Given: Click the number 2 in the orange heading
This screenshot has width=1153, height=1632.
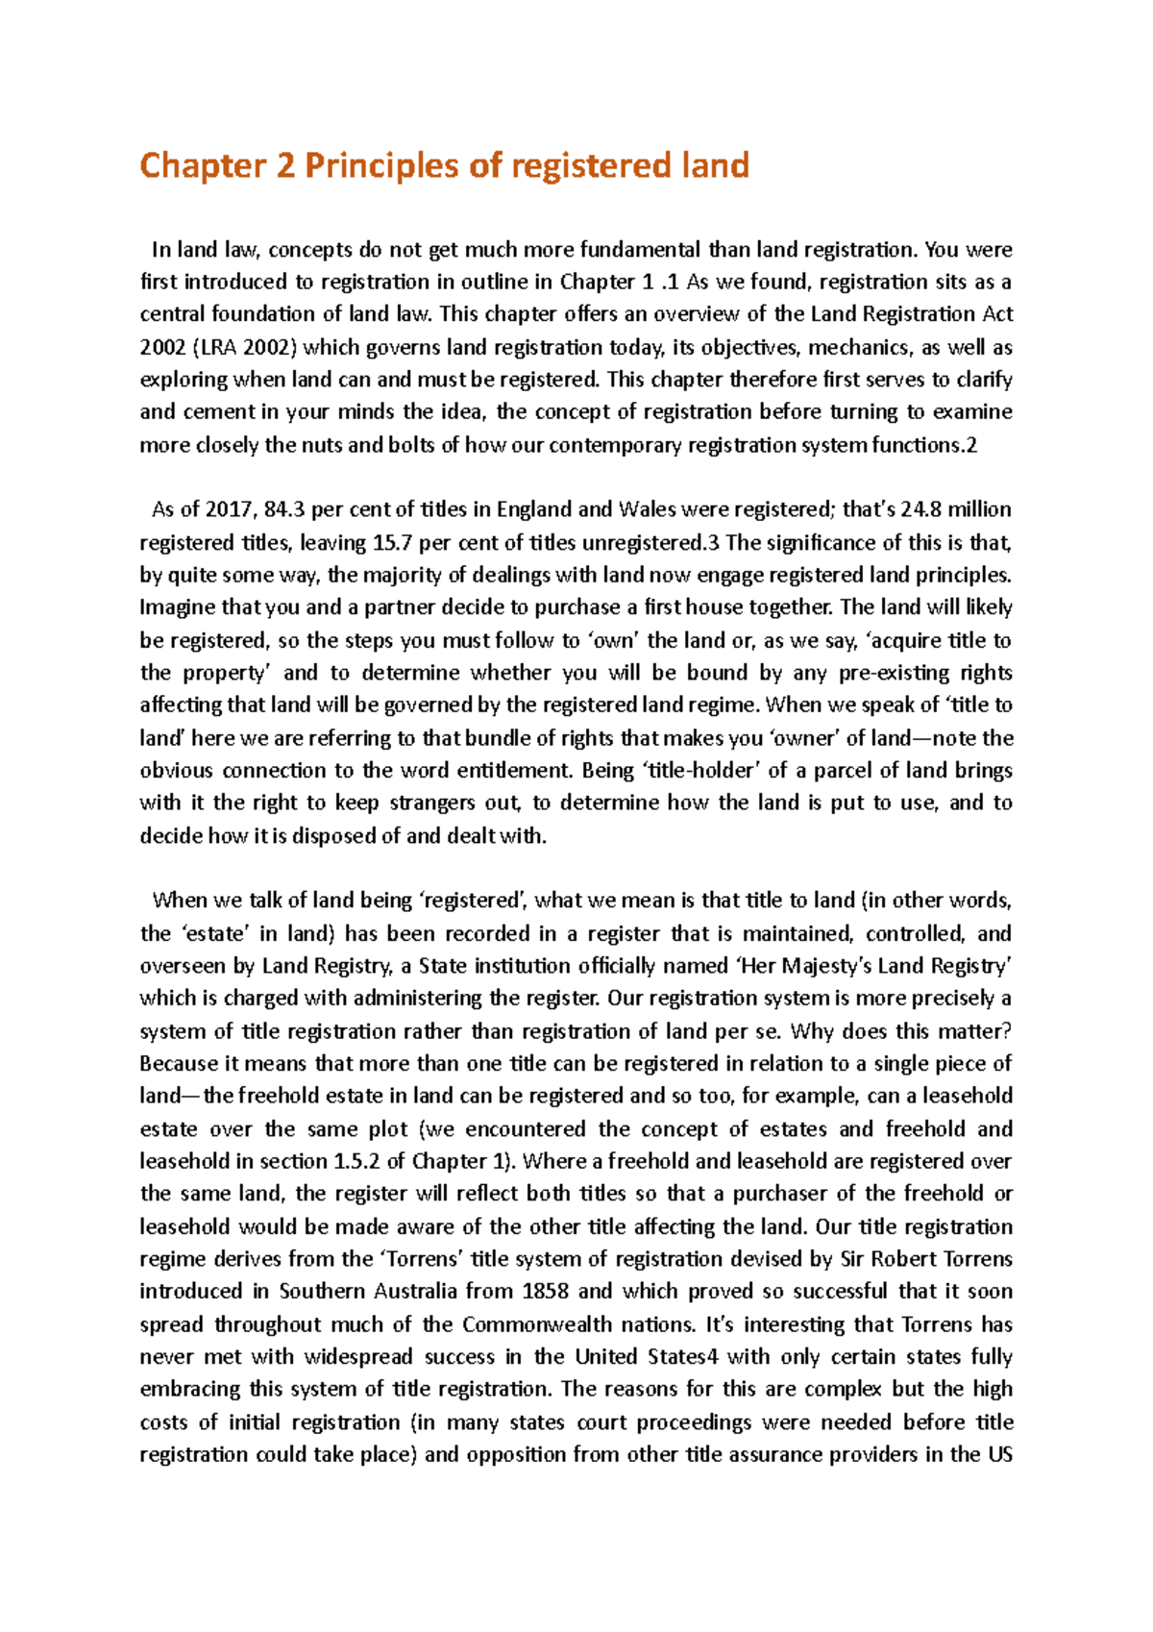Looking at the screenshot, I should [284, 166].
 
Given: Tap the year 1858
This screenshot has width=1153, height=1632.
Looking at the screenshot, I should [545, 1292].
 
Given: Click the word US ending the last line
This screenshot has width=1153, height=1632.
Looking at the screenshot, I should [1000, 1454].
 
